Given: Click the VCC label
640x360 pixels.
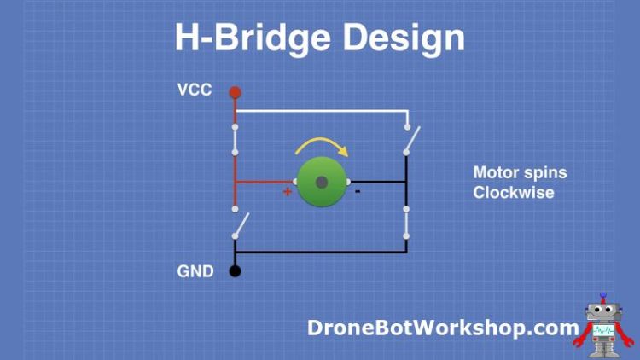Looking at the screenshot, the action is click(194, 90).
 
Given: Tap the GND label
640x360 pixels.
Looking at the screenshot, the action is click(195, 272).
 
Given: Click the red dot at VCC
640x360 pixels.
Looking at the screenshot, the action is click(236, 91).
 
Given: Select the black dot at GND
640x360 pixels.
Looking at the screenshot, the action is click(235, 271).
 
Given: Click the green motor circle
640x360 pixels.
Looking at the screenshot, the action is click(321, 182).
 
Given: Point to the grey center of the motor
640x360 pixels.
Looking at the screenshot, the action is click(321, 182).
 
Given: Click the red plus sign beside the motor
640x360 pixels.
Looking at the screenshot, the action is click(288, 192).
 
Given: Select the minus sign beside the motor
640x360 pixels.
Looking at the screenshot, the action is click(358, 191).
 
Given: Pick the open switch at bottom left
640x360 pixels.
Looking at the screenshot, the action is click(241, 224).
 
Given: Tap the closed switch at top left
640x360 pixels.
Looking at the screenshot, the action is click(235, 141).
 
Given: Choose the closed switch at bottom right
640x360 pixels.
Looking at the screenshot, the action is click(406, 221).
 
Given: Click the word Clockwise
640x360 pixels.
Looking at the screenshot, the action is click(514, 193).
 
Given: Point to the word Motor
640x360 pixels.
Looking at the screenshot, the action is click(494, 173).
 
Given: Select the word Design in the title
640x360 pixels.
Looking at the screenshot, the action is click(409, 38).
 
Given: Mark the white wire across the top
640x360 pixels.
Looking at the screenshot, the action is click(321, 111).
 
